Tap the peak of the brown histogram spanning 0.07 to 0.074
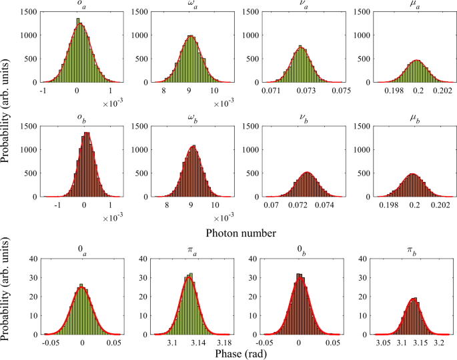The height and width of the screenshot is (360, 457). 307,172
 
